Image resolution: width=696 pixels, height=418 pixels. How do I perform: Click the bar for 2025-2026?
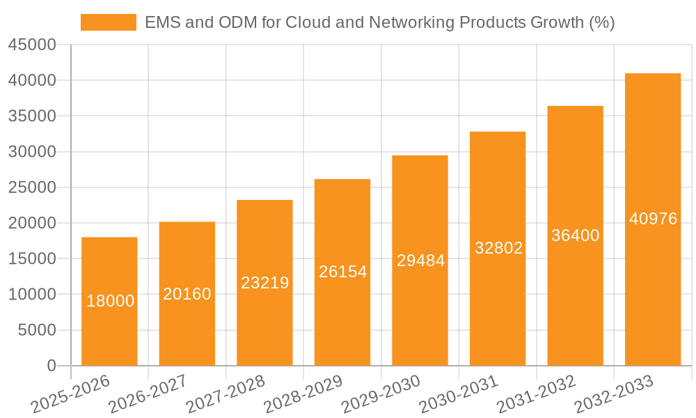pos(109,302)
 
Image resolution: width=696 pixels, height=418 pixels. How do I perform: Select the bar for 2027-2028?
pos(264,283)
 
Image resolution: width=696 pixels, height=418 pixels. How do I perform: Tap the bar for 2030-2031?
pos(498,249)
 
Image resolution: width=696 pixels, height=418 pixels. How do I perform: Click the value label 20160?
pos(187,294)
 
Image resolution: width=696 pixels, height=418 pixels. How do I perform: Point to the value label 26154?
pos(342,272)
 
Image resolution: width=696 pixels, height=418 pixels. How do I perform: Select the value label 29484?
pos(420,261)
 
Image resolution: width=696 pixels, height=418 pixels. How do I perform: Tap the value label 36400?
pos(576,235)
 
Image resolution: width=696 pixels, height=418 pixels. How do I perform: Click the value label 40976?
pos(653,219)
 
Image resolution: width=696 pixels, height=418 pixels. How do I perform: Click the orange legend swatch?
pos(109,22)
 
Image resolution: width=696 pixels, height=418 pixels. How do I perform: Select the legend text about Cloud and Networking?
pos(379,22)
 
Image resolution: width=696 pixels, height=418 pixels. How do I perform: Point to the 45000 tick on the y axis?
pos(32,45)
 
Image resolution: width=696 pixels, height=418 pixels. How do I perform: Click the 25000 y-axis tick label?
pos(32,187)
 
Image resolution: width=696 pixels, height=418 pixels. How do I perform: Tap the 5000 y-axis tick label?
pos(36,330)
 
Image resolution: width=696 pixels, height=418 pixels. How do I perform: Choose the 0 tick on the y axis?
pos(51,366)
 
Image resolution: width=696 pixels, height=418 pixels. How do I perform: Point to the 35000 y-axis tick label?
pos(32,116)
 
